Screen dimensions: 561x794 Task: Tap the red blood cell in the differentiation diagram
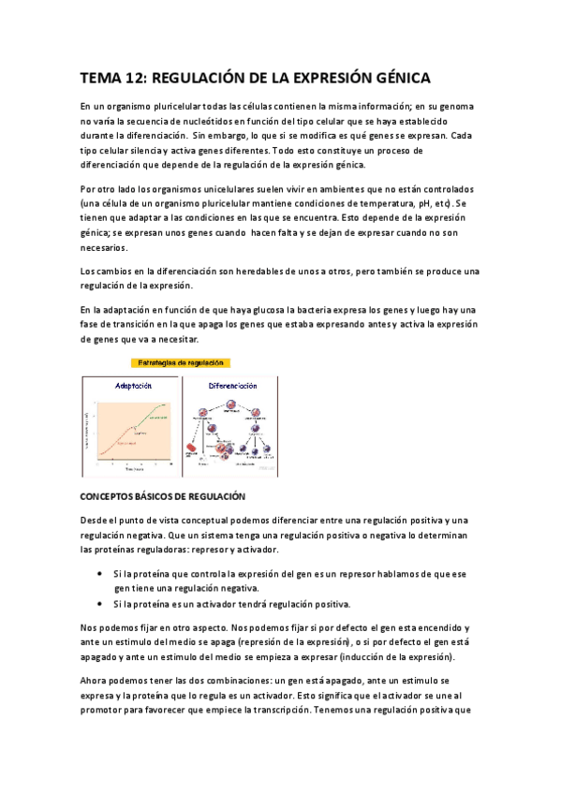tap(191, 448)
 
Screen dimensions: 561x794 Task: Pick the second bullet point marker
tap(100, 603)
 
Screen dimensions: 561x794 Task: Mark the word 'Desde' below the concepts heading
tap(96, 521)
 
